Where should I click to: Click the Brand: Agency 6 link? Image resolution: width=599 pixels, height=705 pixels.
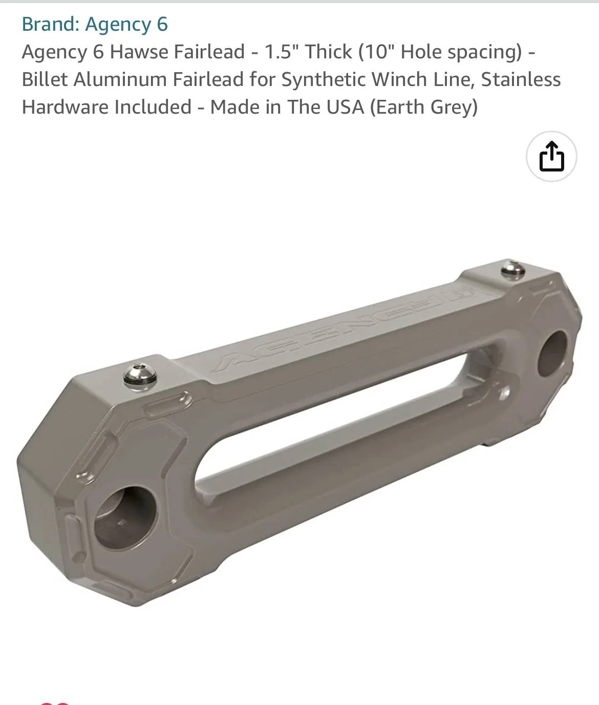(x=95, y=25)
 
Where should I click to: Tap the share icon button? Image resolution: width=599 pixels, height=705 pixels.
(x=551, y=156)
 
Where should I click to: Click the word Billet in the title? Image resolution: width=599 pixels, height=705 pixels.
(x=45, y=79)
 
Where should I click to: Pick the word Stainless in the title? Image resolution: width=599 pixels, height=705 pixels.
(x=521, y=79)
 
